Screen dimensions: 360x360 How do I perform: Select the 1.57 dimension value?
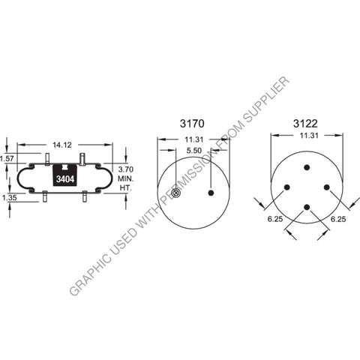pos(7,159)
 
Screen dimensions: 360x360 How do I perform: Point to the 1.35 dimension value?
pos(9,198)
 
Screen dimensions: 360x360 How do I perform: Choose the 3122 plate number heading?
pos(306,123)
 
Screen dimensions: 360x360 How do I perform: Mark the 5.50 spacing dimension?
pos(193,151)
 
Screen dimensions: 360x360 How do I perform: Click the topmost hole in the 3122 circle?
pos(307,167)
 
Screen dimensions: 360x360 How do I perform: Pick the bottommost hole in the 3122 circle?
pos(307,207)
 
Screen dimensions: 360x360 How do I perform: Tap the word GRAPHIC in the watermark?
pos(88,273)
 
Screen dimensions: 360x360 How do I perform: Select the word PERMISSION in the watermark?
pos(196,166)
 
